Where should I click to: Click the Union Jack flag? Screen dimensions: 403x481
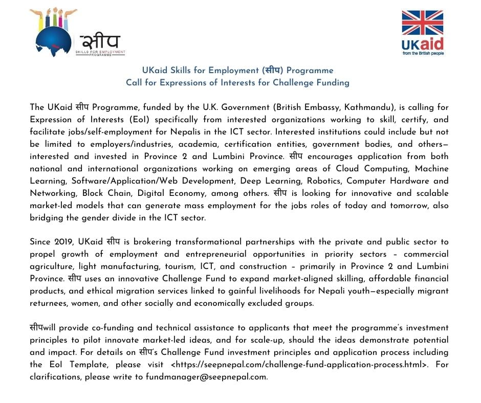click(x=422, y=23)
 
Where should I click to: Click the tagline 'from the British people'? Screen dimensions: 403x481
click(x=422, y=53)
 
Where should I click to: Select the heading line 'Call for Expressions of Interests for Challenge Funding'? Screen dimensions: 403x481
click(x=238, y=82)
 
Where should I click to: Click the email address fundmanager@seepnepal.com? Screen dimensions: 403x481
click(x=207, y=377)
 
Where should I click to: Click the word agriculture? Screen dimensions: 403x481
click(x=53, y=266)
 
